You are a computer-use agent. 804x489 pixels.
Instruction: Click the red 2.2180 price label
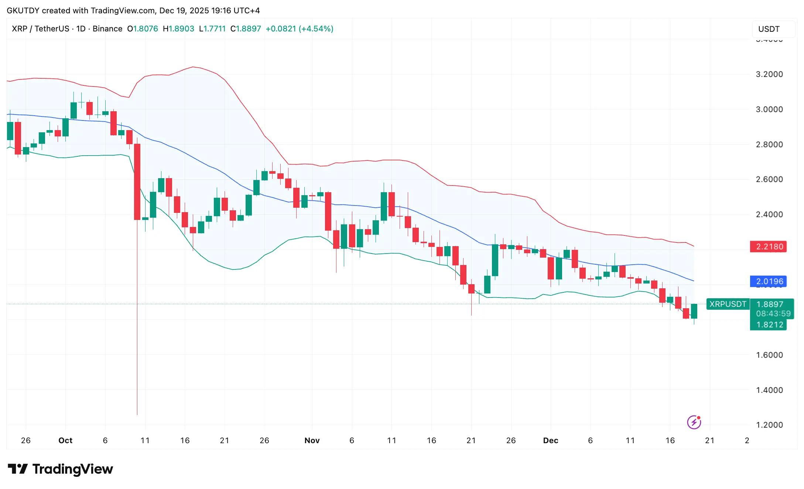[x=769, y=247]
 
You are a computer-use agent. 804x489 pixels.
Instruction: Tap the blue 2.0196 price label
[x=769, y=281]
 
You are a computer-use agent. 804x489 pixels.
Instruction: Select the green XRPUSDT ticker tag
[x=728, y=304]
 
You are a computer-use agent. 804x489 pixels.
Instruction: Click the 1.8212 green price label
[x=769, y=325]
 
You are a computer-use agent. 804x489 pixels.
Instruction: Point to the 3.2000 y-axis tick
[x=769, y=74]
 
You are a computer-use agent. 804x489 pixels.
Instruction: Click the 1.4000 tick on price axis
[x=769, y=390]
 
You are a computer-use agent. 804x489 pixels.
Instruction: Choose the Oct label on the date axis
[x=65, y=440]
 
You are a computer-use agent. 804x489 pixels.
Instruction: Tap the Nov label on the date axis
[x=312, y=440]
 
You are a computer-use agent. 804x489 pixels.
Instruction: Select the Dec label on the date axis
[x=550, y=440]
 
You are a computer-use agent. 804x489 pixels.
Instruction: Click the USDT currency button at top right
[x=769, y=29]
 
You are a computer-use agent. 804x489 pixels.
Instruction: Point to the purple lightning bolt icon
[x=694, y=422]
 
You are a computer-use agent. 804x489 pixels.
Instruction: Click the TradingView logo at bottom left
[x=60, y=469]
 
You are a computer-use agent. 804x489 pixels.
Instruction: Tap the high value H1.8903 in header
[x=178, y=29]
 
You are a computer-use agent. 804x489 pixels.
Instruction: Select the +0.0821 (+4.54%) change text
[x=299, y=29]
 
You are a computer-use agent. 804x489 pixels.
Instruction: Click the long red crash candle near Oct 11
[x=137, y=181]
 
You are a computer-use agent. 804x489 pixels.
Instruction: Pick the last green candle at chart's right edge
[x=694, y=311]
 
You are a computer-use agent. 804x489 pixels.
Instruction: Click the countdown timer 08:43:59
[x=773, y=314]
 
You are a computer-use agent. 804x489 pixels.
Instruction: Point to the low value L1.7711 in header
[x=212, y=29]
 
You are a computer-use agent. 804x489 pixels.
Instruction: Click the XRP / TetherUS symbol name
[x=40, y=29]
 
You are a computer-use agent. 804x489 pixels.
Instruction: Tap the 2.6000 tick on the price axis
[x=769, y=179]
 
